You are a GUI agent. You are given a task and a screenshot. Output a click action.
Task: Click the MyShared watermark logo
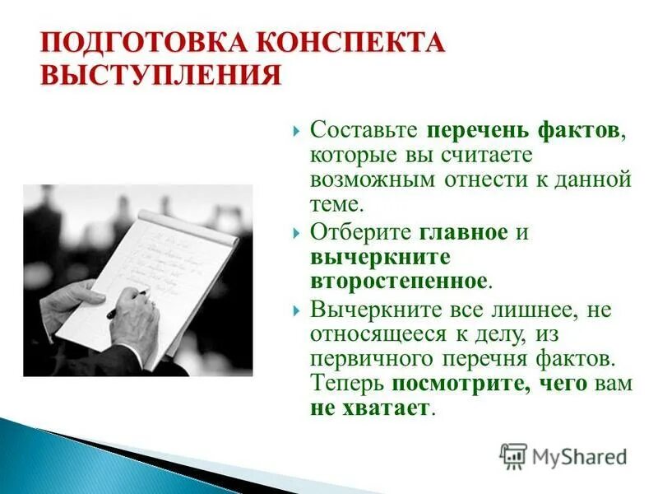coord(563,455)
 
